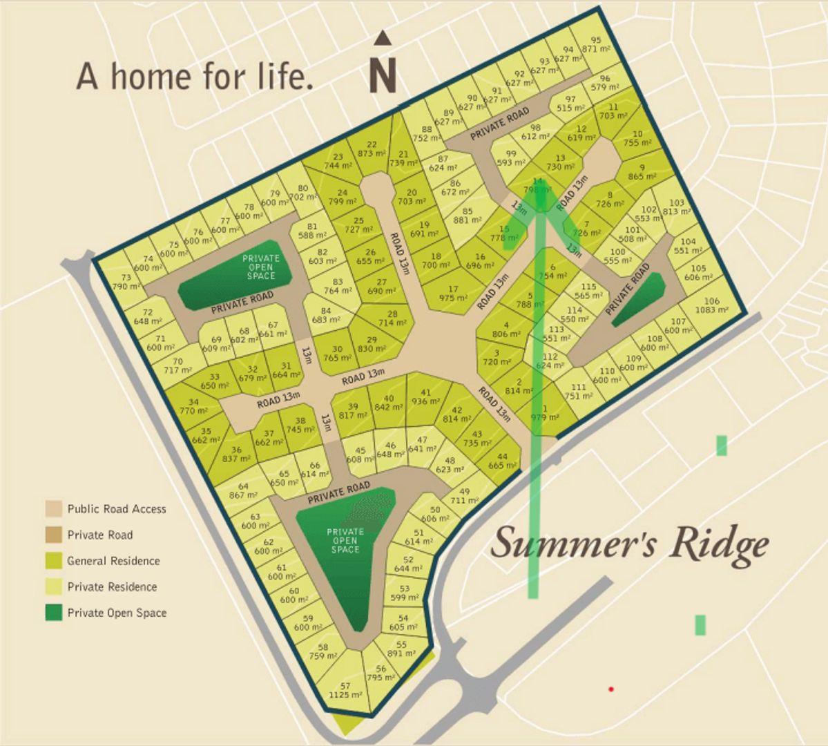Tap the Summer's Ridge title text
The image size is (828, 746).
coord(629,544)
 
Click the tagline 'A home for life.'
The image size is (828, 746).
coord(195,76)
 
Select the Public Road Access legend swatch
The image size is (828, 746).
coord(54,509)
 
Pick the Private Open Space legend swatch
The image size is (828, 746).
coord(54,613)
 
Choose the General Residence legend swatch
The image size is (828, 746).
coord(54,561)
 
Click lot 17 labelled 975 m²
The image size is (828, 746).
coord(453,294)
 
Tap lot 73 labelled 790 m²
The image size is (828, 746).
coord(125,281)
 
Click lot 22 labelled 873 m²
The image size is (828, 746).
coord(372,149)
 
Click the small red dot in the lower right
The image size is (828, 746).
coord(611,689)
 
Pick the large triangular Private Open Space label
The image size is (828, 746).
coord(345,540)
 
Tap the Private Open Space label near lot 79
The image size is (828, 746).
coord(261,267)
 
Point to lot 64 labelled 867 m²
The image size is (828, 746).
coord(243,490)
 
